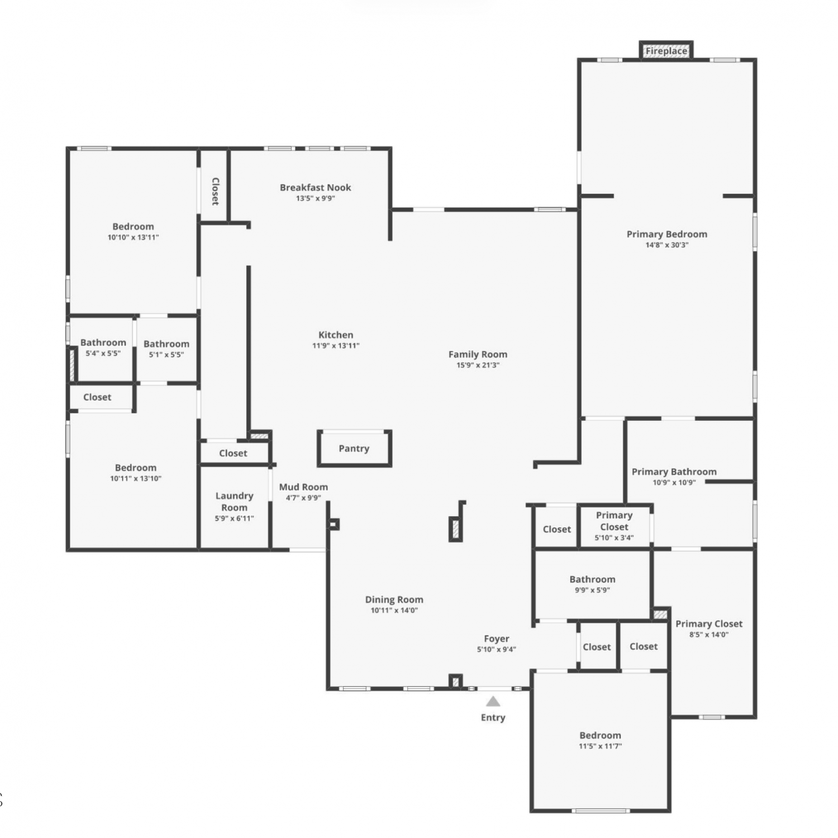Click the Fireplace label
(666, 51)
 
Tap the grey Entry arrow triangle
(493, 701)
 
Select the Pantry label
(354, 448)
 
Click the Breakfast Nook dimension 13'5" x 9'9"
(316, 198)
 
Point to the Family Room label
(478, 354)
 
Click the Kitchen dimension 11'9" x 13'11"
(336, 346)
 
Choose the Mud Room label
(303, 487)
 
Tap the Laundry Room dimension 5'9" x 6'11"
(235, 518)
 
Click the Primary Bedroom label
(667, 234)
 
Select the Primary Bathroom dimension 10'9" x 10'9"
(674, 483)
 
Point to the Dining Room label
(394, 599)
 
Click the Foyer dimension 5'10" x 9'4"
(497, 649)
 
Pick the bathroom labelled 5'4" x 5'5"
(103, 342)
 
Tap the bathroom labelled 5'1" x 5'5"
(166, 344)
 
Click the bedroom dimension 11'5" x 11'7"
(601, 746)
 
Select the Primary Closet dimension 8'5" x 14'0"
(710, 635)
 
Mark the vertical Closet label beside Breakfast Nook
(215, 191)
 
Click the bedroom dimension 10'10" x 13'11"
(134, 237)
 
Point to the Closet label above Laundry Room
(233, 453)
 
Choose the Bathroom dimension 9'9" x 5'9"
(593, 591)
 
